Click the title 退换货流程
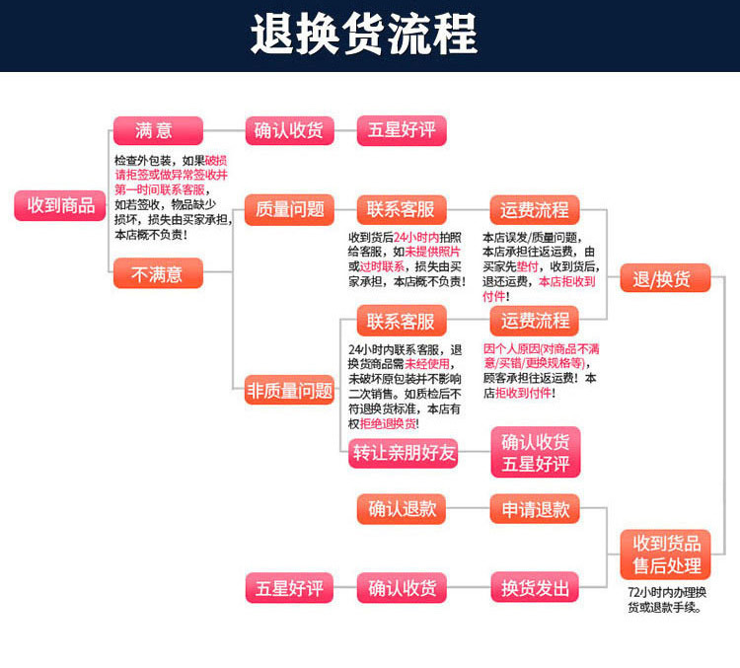click(x=364, y=34)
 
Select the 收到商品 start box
click(x=60, y=205)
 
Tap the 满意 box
click(x=158, y=131)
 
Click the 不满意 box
click(x=158, y=273)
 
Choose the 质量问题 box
click(x=289, y=209)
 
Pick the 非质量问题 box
click(x=289, y=391)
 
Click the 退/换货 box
click(x=665, y=278)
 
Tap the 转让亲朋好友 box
click(x=404, y=453)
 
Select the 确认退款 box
click(x=402, y=509)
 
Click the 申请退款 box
click(x=535, y=509)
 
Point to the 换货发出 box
click(x=535, y=588)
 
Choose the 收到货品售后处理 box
click(x=665, y=555)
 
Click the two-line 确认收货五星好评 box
click(x=536, y=452)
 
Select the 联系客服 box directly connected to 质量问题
click(x=402, y=209)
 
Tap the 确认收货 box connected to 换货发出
click(x=402, y=588)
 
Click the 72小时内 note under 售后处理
click(x=666, y=600)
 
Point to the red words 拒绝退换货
click(x=388, y=423)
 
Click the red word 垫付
click(x=527, y=266)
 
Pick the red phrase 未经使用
click(x=427, y=364)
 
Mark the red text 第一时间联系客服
click(x=160, y=190)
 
